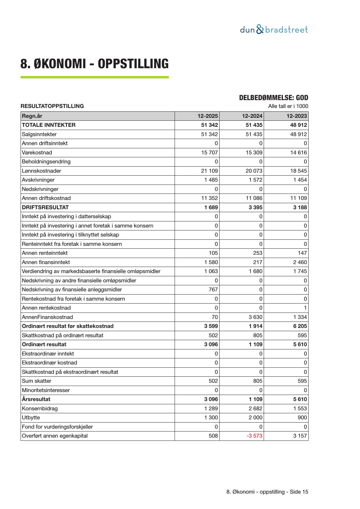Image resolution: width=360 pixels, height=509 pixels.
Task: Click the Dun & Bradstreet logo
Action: pyautogui.click(x=274, y=30)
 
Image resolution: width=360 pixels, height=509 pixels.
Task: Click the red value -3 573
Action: pyautogui.click(x=254, y=436)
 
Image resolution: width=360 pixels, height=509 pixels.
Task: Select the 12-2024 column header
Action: pyautogui.click(x=252, y=116)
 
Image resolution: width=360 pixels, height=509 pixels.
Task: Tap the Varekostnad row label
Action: pyautogui.click(x=37, y=153)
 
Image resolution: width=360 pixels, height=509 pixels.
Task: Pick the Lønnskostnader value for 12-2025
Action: pyautogui.click(x=209, y=171)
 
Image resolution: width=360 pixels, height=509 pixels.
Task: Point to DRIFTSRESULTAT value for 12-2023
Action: pyautogui.click(x=300, y=207)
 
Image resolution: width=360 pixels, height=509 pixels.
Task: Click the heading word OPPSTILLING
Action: pyautogui.click(x=133, y=64)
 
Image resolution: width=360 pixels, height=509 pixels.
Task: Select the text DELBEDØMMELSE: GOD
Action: pyautogui.click(x=274, y=98)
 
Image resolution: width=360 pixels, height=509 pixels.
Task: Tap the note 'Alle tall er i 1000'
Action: pyautogui.click(x=288, y=106)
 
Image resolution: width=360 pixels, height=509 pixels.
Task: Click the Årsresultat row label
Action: pyautogui.click(x=36, y=399)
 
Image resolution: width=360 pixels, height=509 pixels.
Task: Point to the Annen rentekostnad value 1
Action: pyautogui.click(x=305, y=308)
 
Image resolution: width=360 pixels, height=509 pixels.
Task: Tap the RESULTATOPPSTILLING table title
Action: pyautogui.click(x=52, y=106)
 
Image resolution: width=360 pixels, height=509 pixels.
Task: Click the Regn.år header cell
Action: pyautogui.click(x=32, y=116)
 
